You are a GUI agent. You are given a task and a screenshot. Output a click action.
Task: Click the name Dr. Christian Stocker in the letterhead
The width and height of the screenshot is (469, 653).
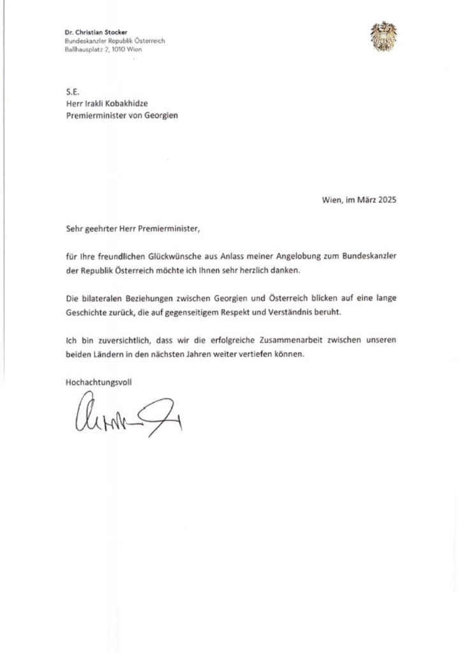tap(96, 32)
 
